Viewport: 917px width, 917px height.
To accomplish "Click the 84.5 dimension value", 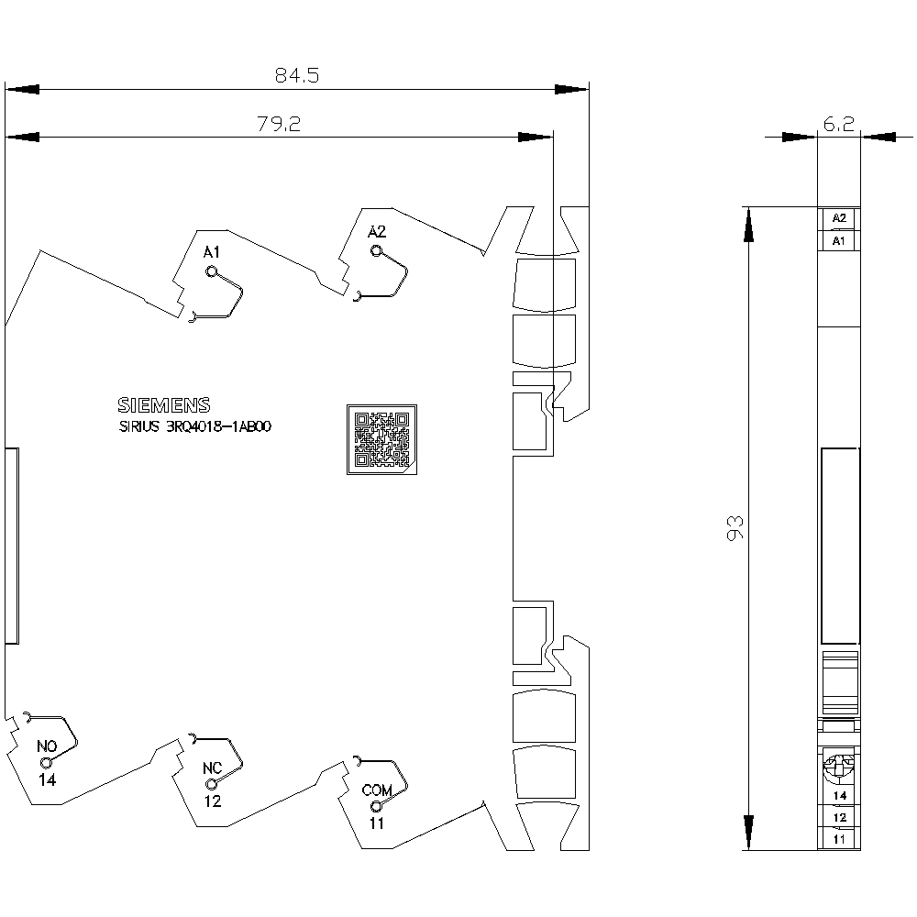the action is coord(297,75).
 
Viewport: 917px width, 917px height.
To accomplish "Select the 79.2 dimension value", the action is coord(279,124).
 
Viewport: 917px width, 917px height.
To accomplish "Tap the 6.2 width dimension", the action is coord(839,124).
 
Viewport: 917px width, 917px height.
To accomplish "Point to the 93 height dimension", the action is coord(735,528).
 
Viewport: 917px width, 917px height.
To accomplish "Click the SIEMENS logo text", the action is coord(164,405).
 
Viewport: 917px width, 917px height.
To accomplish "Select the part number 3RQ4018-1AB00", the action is coord(219,426).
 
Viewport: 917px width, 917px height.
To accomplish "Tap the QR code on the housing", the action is coord(381,439).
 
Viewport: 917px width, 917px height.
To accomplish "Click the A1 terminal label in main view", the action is coord(212,252).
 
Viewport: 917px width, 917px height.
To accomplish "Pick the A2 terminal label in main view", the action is coord(377,232).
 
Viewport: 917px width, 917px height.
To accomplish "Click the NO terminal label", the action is coord(47,746).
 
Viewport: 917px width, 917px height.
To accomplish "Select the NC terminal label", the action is coord(213,768).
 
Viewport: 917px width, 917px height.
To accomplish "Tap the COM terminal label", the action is coord(377,790).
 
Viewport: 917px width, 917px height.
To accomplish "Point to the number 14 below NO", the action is coord(48,779).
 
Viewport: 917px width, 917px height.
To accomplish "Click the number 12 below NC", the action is coord(213,801).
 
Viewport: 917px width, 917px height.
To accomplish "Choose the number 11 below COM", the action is coord(377,823).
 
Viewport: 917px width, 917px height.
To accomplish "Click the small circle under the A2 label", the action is coord(376,251).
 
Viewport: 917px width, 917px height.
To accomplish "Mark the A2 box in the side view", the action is coord(839,218).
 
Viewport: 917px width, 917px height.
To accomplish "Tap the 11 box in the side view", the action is coord(839,839).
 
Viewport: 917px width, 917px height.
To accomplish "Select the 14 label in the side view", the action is coord(840,795).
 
